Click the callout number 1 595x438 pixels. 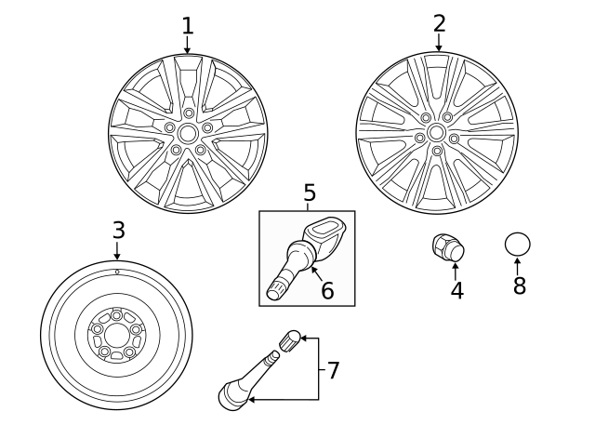click(x=187, y=24)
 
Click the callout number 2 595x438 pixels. click(x=439, y=22)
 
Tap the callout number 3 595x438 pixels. click(x=118, y=229)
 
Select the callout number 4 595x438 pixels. click(x=456, y=290)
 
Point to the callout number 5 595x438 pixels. click(x=310, y=193)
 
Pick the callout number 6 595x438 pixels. click(x=327, y=290)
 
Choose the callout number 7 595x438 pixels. click(x=333, y=370)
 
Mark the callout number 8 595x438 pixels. click(x=519, y=285)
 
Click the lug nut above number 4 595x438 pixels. click(x=448, y=247)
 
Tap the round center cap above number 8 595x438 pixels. click(x=518, y=245)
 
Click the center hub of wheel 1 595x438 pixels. click(x=188, y=133)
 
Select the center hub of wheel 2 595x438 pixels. click(x=436, y=132)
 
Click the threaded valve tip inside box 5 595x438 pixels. click(x=277, y=289)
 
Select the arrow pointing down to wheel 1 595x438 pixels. click(x=187, y=45)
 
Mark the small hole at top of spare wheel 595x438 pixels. click(x=117, y=272)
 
